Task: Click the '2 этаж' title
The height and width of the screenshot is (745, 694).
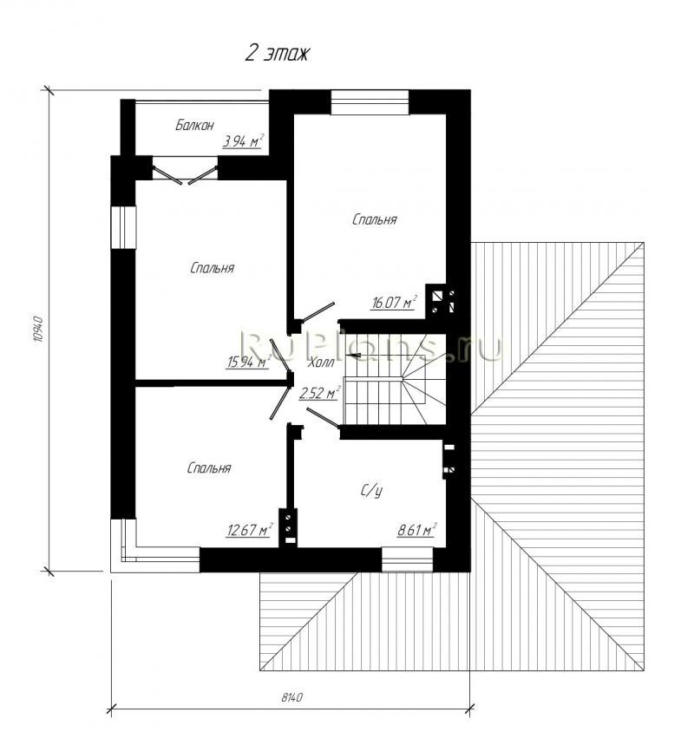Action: [277, 53]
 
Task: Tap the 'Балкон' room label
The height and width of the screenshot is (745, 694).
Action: [194, 125]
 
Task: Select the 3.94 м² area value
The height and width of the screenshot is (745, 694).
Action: [243, 141]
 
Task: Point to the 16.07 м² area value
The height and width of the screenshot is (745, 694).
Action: [393, 302]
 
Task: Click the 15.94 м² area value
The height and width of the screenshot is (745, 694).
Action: [248, 362]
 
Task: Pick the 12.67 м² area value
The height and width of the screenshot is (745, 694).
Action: [249, 529]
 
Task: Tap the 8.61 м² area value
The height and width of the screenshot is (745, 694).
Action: [416, 529]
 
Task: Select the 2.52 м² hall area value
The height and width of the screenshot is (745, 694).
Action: [319, 393]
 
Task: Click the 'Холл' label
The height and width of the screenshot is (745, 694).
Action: [321, 363]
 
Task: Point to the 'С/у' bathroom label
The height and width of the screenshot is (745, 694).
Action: [371, 491]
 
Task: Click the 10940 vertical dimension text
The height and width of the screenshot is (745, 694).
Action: [39, 330]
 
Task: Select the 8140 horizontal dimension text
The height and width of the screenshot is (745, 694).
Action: [291, 697]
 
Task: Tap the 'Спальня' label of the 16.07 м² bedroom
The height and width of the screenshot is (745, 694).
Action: [375, 220]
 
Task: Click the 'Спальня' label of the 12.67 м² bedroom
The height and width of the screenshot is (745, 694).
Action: [209, 468]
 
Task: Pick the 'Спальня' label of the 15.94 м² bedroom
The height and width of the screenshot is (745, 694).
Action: [212, 269]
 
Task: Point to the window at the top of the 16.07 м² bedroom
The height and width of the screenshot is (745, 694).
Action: [370, 102]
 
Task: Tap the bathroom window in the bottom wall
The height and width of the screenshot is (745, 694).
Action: [408, 559]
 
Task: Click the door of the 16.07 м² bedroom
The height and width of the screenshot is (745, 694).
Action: [318, 310]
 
